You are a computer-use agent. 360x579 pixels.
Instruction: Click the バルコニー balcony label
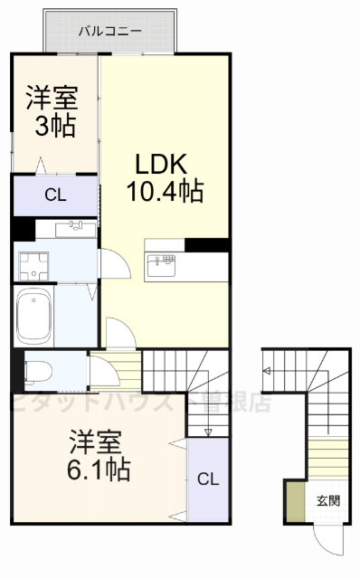109,31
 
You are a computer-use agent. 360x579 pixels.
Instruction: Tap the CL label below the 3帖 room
54,195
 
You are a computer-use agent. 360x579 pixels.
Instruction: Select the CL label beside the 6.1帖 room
207,479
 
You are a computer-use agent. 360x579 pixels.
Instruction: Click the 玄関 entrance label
328,500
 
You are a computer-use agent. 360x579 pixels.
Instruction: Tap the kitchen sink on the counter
165,261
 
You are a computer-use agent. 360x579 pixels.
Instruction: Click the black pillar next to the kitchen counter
205,244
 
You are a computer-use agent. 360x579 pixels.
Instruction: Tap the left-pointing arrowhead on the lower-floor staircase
268,371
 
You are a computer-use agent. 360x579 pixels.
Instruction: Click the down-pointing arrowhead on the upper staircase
207,433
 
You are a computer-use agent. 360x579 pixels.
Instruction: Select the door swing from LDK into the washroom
115,265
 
